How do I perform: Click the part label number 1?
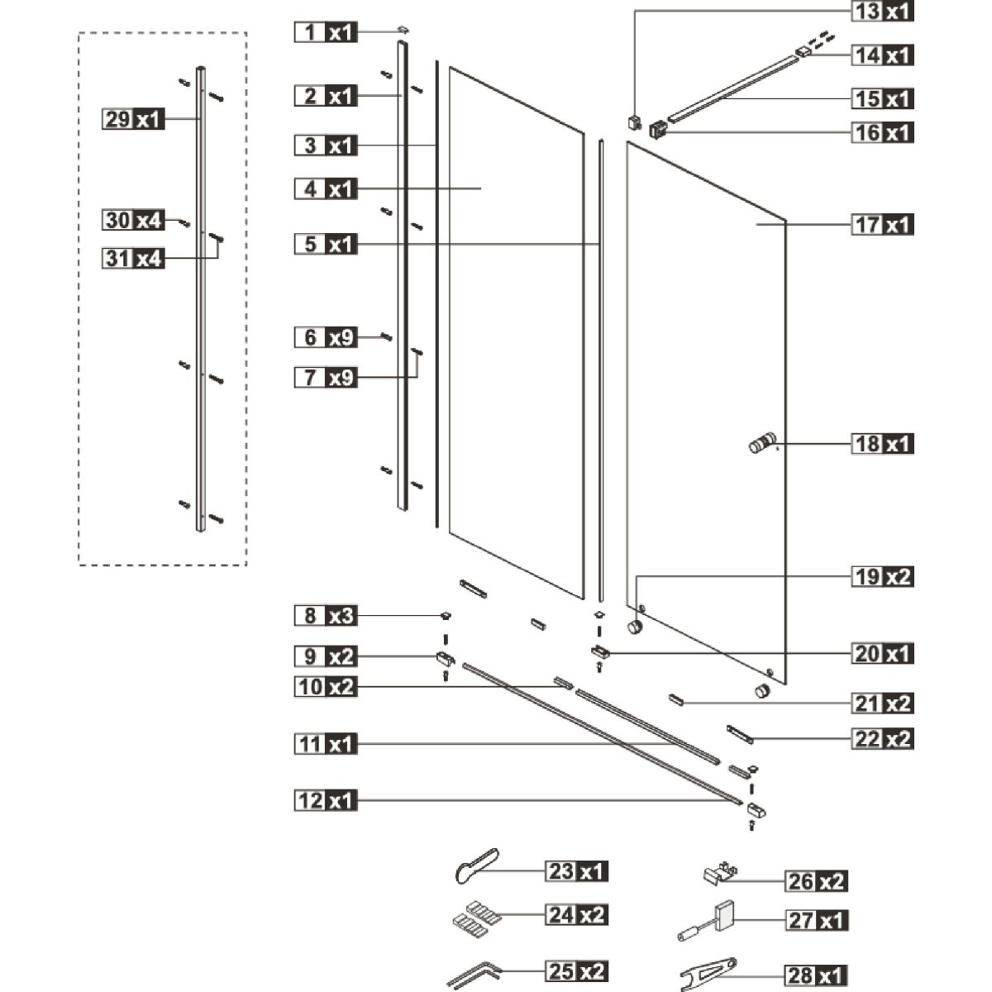click(311, 32)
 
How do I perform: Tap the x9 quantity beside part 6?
click(341, 337)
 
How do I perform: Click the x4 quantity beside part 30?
click(148, 221)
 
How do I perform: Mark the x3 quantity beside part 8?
click(341, 616)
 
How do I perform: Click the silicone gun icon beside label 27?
click(707, 922)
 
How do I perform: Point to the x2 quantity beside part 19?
click(899, 576)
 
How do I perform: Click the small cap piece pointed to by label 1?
click(403, 30)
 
